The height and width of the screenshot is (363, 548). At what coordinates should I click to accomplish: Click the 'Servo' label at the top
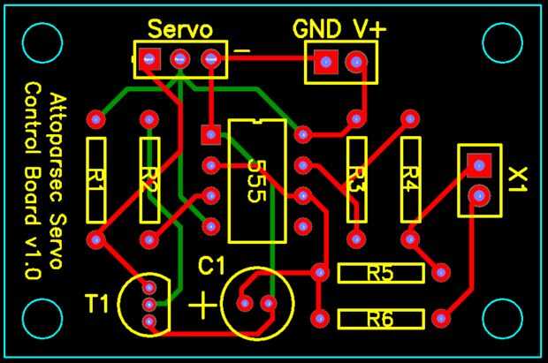click(x=179, y=29)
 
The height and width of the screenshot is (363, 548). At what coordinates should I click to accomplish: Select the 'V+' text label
click(x=369, y=29)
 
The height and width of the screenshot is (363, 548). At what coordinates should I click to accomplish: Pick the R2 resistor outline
click(x=149, y=179)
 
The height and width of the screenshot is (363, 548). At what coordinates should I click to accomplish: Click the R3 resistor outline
click(x=356, y=179)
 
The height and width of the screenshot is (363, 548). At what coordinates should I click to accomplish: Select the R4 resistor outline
click(x=409, y=179)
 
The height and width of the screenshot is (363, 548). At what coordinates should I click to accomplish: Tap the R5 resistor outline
click(x=380, y=274)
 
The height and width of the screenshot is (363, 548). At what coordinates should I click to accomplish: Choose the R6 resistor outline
click(x=380, y=318)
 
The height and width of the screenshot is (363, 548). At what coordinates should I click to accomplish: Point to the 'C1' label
click(x=211, y=265)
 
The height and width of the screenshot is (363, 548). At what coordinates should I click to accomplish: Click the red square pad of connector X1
click(x=478, y=163)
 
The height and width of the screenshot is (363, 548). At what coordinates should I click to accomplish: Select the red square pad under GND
click(x=325, y=62)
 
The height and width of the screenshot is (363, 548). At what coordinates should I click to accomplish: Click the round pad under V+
click(x=355, y=62)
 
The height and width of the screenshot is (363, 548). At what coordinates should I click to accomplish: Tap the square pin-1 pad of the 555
click(x=210, y=134)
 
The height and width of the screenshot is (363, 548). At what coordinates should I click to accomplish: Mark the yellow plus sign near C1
click(x=203, y=306)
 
